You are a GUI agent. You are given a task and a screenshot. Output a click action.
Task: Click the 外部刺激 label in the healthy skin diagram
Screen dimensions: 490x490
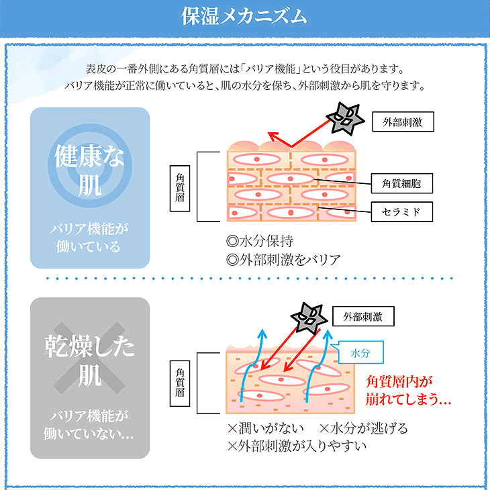coord(402,121)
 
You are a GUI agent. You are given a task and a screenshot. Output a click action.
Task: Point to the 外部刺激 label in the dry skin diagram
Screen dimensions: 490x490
coord(362,315)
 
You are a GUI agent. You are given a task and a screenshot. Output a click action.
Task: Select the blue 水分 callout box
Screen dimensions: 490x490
coord(361,352)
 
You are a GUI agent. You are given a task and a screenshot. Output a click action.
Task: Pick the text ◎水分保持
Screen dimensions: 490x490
coord(260,240)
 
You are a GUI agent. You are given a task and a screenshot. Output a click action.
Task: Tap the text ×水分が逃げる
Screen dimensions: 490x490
coord(363,428)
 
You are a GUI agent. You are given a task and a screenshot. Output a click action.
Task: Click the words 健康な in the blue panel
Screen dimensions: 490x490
coord(89,159)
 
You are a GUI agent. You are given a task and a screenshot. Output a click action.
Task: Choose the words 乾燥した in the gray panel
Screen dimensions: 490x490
coord(89,347)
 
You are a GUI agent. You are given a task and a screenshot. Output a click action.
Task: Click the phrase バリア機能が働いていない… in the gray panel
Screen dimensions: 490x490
coord(89,424)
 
